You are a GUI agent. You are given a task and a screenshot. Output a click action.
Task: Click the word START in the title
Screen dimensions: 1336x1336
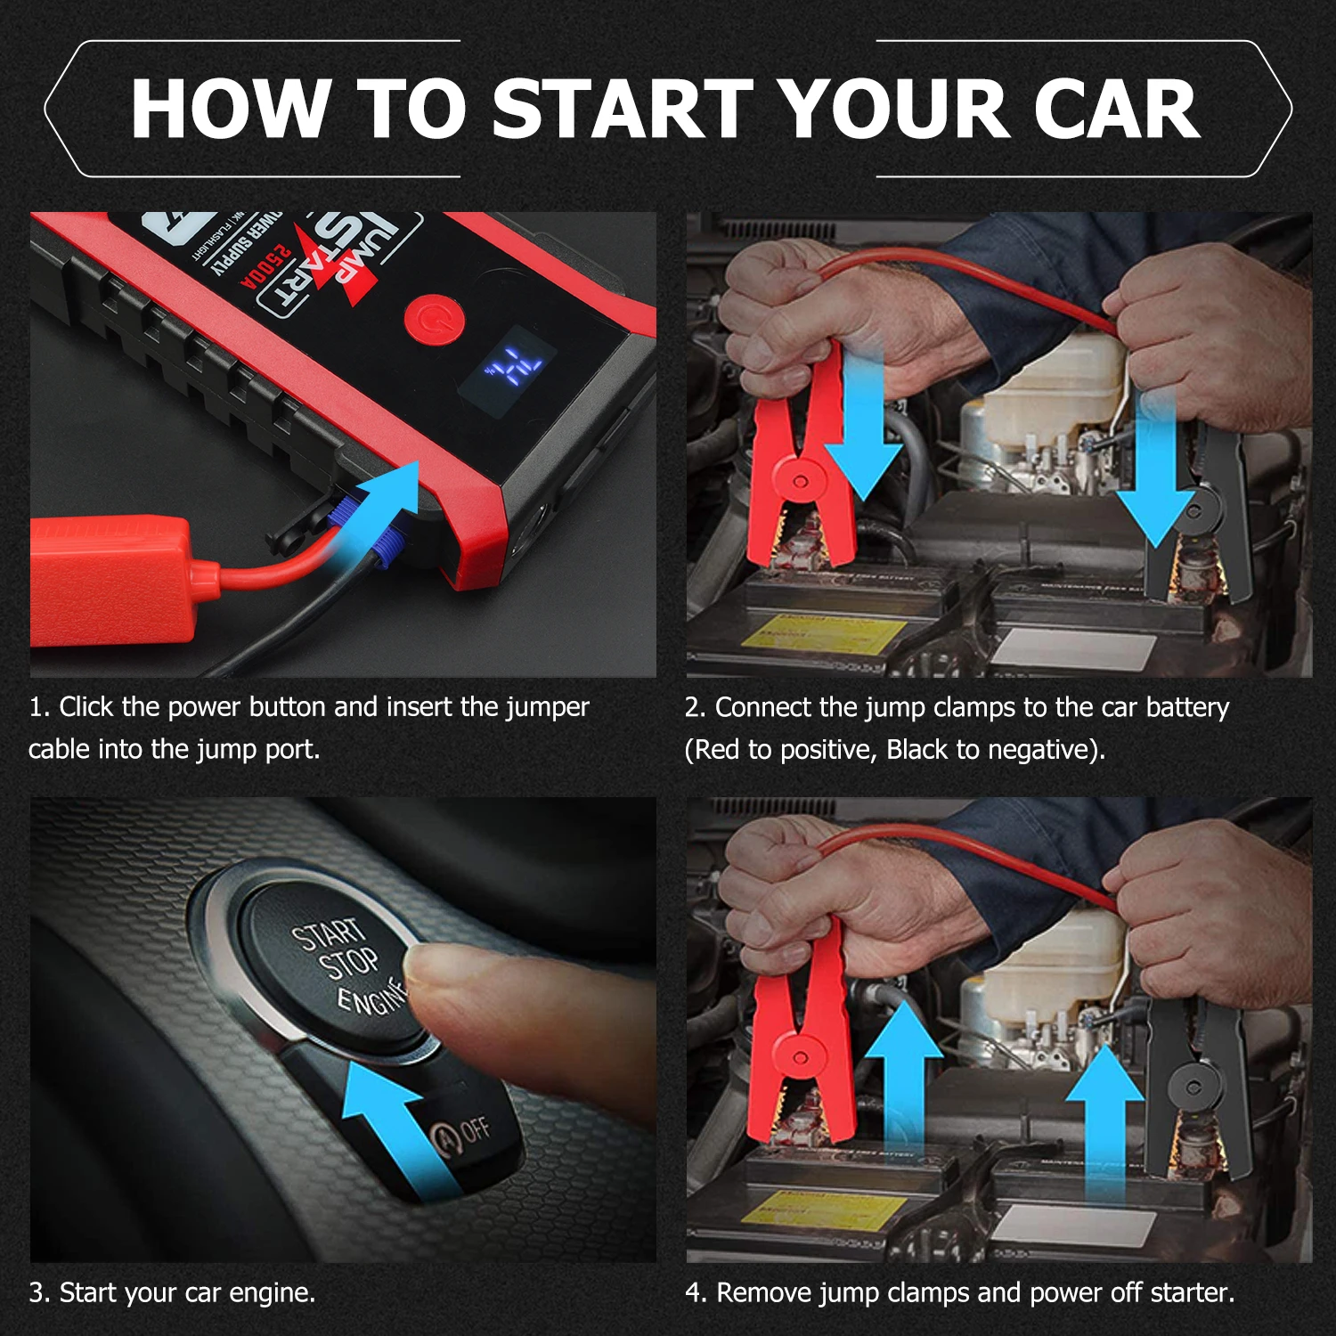coord(623,109)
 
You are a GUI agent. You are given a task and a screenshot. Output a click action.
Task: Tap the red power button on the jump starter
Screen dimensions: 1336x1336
coord(434,319)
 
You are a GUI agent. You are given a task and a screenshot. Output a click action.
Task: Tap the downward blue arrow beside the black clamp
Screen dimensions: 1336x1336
coord(1155,472)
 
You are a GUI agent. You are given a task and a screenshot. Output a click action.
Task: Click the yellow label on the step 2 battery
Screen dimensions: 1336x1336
coord(824,633)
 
